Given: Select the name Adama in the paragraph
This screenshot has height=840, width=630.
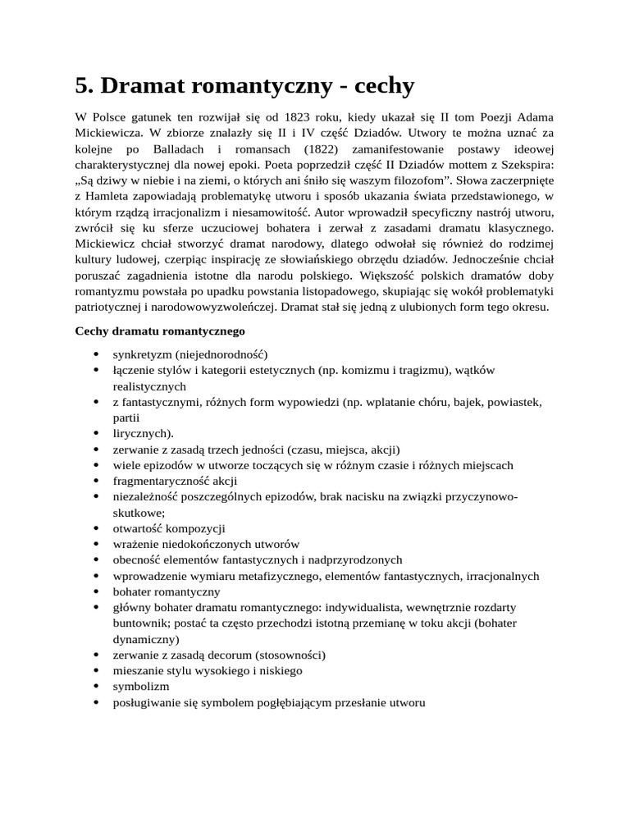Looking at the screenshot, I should [534, 117].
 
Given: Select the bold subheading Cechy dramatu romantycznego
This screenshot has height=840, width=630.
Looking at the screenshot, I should [159, 331].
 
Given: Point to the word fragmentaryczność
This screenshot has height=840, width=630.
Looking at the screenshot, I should [161, 481].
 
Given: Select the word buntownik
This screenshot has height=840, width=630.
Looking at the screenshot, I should [140, 623].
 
